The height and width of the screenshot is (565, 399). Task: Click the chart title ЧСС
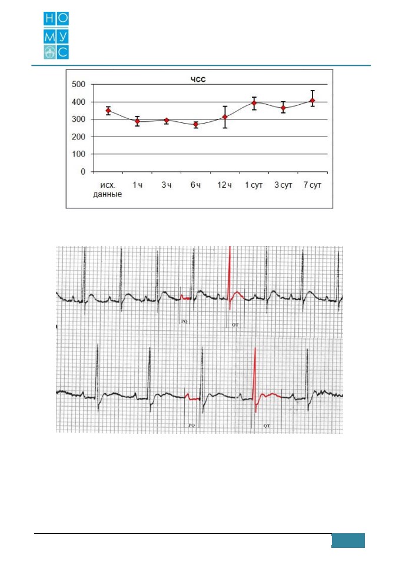pos(198,79)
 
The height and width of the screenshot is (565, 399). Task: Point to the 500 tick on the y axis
pos(79,85)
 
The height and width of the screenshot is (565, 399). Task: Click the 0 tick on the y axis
pos(83,172)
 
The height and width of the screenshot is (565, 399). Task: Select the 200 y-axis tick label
pos(79,137)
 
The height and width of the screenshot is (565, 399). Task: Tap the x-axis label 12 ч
pos(224,185)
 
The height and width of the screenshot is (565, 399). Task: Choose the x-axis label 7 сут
pos(312,185)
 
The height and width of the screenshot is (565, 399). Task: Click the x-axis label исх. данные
pos(108,190)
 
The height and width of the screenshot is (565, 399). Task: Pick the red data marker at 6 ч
pos(196,125)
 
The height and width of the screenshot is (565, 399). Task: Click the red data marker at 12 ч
pos(225,117)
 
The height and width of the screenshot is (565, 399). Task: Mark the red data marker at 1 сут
pos(254,103)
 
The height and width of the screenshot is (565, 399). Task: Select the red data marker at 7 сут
pos(312,101)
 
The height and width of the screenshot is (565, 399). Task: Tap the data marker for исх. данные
pos(108,111)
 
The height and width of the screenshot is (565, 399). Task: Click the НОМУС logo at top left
pos(56,35)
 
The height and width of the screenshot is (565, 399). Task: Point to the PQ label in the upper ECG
pos(184,321)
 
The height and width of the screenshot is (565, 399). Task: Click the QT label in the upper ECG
pos(235,325)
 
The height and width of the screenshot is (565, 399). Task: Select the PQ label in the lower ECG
pos(191,426)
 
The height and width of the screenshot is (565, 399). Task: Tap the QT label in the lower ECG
pos(267,426)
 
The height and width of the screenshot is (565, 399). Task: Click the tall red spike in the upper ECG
pos(230,277)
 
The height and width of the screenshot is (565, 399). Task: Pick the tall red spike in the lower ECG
pos(255,378)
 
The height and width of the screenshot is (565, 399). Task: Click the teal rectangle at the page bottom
pos(348,540)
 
